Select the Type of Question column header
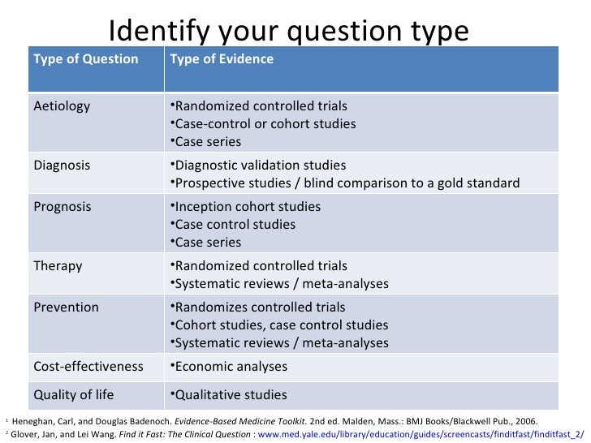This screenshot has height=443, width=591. tap(85, 59)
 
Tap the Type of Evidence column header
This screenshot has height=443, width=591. tap(222, 59)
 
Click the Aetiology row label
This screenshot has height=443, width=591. tap(62, 106)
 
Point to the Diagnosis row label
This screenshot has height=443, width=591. tap(62, 165)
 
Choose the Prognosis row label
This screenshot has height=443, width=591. tap(63, 206)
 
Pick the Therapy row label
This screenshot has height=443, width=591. tap(58, 265)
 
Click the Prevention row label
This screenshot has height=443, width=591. tap(66, 308)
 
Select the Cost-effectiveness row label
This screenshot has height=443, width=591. tap(88, 366)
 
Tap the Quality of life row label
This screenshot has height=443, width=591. tap(73, 395)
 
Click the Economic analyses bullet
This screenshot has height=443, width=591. tap(231, 367)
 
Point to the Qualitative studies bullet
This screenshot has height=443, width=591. tap(231, 395)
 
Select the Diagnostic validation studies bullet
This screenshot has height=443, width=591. tap(260, 165)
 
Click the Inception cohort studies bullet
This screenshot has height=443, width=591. tap(248, 206)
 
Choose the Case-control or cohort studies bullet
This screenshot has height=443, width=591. tap(265, 124)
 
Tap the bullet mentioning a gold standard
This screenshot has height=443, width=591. tap(347, 183)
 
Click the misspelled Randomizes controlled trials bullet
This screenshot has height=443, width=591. tap(260, 308)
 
